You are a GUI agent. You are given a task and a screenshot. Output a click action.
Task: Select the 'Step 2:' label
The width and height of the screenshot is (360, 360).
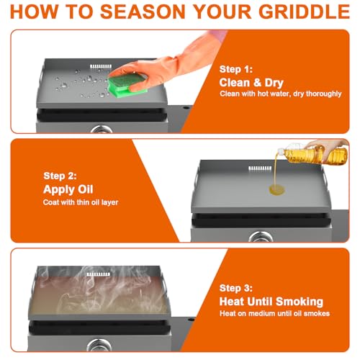tap(60, 175)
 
